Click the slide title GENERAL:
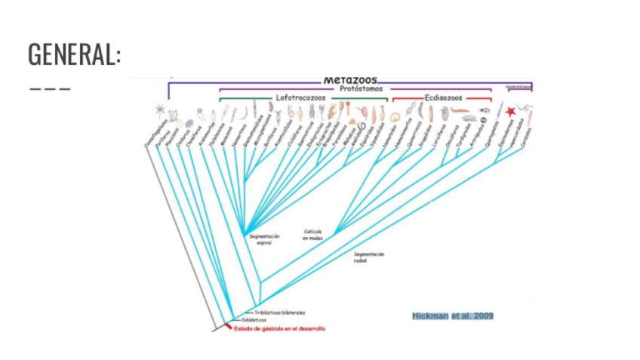pyautogui.click(x=74, y=54)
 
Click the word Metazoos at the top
pyautogui.click(x=350, y=79)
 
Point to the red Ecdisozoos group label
pyautogui.click(x=442, y=97)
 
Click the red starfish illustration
pyautogui.click(x=510, y=112)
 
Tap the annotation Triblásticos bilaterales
pyautogui.click(x=279, y=312)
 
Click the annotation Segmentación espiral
pyautogui.click(x=264, y=239)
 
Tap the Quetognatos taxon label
pyautogui.click(x=491, y=133)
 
